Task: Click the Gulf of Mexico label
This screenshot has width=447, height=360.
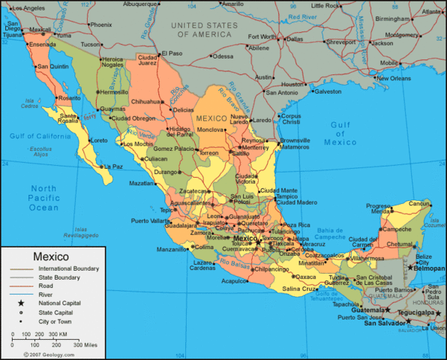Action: pos(340,133)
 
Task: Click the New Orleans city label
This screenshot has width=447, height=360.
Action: pos(394,78)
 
